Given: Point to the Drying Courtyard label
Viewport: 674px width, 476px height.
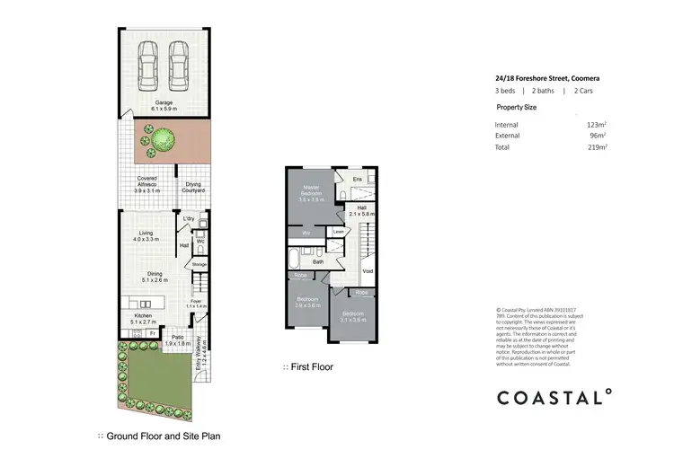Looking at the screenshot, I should coord(193,188).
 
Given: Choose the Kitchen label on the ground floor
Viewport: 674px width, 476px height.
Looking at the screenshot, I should coord(144,317).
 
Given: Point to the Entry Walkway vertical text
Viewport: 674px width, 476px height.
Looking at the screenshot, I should coord(203,356).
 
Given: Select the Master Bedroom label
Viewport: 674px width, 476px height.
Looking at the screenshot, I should coord(311,192).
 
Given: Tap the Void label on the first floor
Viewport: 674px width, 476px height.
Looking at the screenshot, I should coord(367,269).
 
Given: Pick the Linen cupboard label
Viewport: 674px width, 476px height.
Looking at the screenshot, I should coord(338,233).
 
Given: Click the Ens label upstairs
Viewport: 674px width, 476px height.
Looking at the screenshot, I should coord(357,180).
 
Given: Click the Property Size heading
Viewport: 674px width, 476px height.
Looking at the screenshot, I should coord(519,106).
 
